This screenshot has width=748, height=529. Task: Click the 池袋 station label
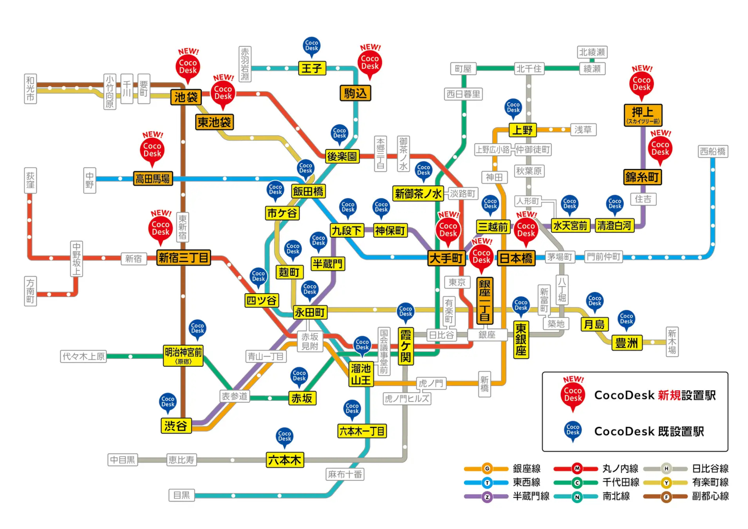point(186,98)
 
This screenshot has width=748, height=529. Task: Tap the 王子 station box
point(312,68)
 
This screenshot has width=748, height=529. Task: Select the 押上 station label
point(643,114)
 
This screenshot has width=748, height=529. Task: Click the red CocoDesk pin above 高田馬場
point(152,150)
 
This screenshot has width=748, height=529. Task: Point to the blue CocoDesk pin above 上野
point(513,107)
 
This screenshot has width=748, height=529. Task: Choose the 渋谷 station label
point(176,426)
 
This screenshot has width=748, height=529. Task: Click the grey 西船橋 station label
point(713,151)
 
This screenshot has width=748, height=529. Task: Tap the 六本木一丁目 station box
point(362,431)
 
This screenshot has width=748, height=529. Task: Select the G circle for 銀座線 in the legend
point(487,469)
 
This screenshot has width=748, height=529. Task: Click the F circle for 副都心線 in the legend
point(666,497)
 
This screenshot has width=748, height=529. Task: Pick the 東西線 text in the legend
point(526,482)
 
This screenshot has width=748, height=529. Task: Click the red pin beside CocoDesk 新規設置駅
point(573,395)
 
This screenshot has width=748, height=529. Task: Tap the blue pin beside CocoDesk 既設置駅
point(573,430)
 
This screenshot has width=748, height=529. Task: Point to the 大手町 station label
point(446,258)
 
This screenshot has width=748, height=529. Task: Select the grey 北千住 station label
point(529,69)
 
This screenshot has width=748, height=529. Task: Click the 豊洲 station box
point(627,343)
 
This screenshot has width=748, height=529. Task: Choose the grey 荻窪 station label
point(31,181)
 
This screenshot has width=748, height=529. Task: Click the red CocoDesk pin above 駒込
point(370,63)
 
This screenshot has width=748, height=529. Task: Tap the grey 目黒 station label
point(181,495)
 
